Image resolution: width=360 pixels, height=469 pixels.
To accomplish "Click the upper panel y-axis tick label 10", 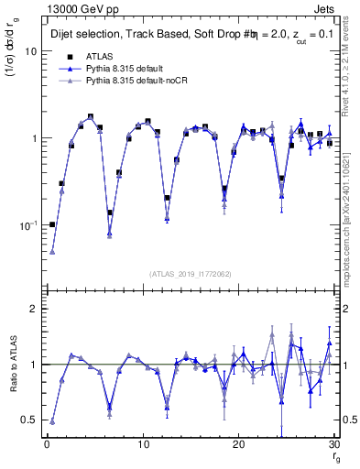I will tap(30, 51).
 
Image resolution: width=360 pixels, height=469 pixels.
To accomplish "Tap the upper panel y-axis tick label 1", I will tap(33, 138).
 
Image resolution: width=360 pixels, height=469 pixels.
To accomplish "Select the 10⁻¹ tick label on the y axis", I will tap(27, 224).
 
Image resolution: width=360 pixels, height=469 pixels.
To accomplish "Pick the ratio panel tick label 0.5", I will tap(28, 420).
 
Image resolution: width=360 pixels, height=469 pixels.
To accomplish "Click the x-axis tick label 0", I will tap(47, 445).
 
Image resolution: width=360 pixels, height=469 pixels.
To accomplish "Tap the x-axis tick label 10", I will tap(143, 445).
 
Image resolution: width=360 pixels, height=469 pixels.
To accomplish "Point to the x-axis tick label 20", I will tap(239, 445).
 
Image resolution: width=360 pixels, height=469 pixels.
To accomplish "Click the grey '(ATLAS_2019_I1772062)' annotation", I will tap(191, 273).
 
